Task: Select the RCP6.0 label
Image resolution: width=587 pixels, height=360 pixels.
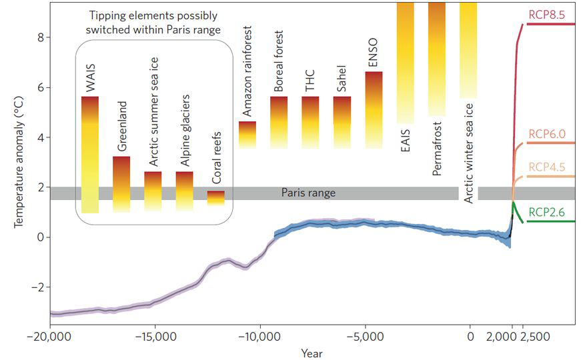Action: (546, 133)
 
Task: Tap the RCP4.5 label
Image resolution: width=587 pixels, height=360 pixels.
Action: (546, 167)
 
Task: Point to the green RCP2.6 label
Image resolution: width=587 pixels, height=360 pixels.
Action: (546, 212)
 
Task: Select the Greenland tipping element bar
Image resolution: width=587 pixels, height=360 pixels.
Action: (121, 184)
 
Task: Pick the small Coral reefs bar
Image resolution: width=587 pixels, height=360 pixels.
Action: (215, 198)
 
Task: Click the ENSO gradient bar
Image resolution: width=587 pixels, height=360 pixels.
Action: (374, 110)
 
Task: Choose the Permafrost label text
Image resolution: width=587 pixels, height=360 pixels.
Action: (437, 149)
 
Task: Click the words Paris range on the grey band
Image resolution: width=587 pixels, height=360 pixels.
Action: (308, 193)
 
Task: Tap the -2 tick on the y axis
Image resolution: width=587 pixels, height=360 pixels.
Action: (38, 287)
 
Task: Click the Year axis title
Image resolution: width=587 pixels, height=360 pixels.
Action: (312, 353)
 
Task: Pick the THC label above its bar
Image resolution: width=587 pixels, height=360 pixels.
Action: (310, 80)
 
